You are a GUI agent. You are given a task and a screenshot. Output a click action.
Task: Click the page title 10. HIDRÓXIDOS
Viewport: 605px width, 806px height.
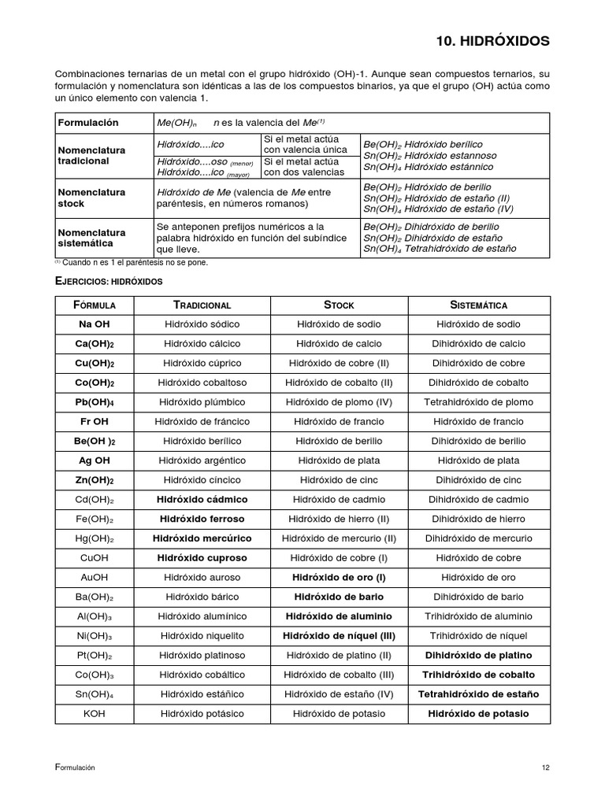[x=493, y=40]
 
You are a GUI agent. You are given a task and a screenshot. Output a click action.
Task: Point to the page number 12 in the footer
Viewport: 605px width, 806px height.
[x=545, y=768]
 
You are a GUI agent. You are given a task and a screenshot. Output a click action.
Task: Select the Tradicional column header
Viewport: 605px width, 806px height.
[x=202, y=305]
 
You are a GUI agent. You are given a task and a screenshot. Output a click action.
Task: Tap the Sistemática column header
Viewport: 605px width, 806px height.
[x=478, y=305]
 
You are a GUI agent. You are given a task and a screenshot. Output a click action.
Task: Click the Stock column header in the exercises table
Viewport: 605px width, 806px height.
[x=339, y=305]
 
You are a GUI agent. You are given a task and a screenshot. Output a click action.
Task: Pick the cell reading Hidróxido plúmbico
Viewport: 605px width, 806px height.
[x=202, y=402]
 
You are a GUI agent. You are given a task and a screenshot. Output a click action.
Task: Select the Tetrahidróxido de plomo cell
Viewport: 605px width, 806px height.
[x=478, y=402]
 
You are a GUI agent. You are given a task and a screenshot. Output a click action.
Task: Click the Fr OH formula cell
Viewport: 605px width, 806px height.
[x=95, y=421]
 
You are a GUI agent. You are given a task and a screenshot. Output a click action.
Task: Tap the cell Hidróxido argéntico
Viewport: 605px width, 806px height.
[x=202, y=460]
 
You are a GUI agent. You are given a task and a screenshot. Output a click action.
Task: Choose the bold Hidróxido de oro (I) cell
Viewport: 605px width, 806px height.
[x=339, y=578]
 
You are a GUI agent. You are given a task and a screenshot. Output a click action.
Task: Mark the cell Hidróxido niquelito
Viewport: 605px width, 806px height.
[x=202, y=636]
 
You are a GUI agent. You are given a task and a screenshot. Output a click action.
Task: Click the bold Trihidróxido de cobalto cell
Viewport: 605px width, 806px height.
[x=478, y=675]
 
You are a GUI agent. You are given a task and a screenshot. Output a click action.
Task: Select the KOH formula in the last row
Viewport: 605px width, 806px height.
[x=95, y=714]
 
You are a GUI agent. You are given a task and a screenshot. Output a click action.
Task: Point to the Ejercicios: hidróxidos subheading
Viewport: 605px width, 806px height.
[x=108, y=280]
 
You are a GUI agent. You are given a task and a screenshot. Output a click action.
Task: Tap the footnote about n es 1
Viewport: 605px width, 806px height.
[x=132, y=262]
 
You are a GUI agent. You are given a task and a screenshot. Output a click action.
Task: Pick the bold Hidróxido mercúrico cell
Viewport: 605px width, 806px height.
[x=202, y=538]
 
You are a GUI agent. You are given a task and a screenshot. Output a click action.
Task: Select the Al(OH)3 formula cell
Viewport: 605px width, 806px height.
[x=95, y=616]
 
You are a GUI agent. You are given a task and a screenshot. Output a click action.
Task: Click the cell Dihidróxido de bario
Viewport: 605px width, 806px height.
[x=478, y=597]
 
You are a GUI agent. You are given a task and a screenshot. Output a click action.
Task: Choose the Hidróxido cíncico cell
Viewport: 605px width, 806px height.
[x=202, y=480]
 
